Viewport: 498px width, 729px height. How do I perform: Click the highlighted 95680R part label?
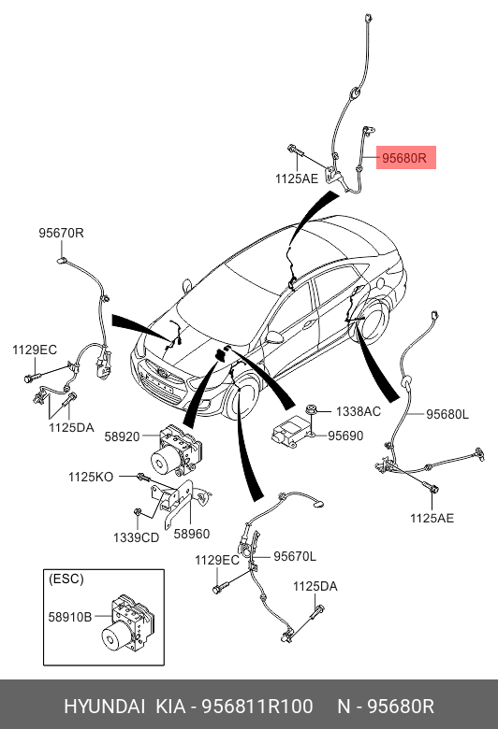(403, 158)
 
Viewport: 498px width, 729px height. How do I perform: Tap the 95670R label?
(61, 233)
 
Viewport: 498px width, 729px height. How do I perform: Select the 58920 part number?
(122, 436)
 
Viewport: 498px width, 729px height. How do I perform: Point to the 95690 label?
(345, 436)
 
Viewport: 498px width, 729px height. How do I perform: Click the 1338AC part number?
(359, 411)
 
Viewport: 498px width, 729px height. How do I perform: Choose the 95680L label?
(447, 414)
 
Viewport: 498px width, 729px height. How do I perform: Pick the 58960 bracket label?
(192, 534)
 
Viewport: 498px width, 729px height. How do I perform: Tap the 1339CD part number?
(136, 537)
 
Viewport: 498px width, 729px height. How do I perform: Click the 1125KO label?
(91, 477)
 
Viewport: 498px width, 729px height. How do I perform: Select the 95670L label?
(295, 556)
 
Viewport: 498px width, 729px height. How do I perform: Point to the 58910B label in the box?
(70, 617)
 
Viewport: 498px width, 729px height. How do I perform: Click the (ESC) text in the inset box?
(66, 579)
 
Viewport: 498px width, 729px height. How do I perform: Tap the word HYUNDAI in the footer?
(104, 707)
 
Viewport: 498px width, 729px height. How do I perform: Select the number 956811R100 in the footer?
(257, 707)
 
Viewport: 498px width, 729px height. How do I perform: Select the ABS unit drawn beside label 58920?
(176, 450)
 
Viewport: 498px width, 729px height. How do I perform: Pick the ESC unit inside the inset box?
(126, 624)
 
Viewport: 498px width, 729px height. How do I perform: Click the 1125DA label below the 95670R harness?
(71, 427)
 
